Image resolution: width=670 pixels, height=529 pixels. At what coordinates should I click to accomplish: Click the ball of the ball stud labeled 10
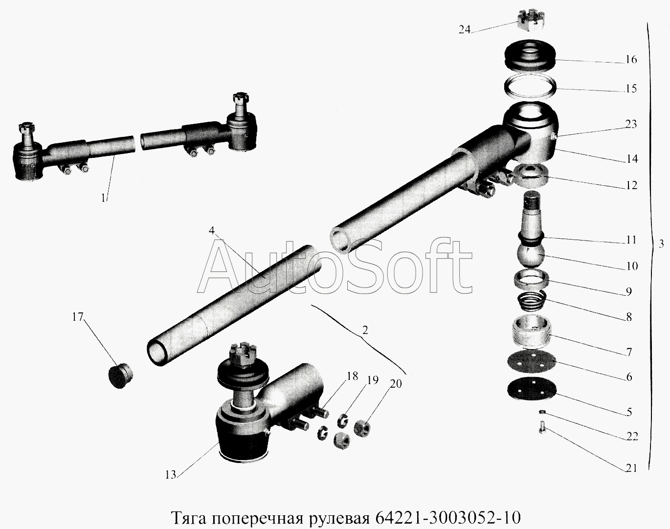pos(534,255)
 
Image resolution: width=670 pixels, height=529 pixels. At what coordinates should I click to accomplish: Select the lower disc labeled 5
pos(532,391)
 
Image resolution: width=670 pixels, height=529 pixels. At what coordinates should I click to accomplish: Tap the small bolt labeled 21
pos(542,433)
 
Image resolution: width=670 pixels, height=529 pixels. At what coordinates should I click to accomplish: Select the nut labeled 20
pos(363,428)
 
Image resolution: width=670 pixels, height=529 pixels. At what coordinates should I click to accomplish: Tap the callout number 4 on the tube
pos(212,231)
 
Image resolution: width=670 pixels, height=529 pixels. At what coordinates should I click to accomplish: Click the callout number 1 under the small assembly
pos(104,198)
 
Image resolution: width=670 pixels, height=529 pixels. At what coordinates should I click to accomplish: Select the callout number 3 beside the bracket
pos(662,244)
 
